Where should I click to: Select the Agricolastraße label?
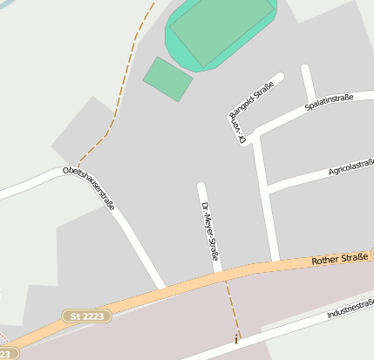(350, 166)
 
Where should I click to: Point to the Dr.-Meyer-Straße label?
(209, 231)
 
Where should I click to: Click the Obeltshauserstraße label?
(89, 189)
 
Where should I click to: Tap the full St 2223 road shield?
(87, 316)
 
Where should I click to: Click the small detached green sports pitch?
(167, 78)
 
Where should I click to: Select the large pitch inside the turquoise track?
(221, 32)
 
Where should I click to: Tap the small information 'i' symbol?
(235, 340)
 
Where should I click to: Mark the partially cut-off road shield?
(7, 354)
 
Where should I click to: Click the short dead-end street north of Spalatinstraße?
(308, 84)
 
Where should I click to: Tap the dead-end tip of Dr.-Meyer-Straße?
(201, 187)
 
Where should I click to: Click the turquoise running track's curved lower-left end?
(172, 44)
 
